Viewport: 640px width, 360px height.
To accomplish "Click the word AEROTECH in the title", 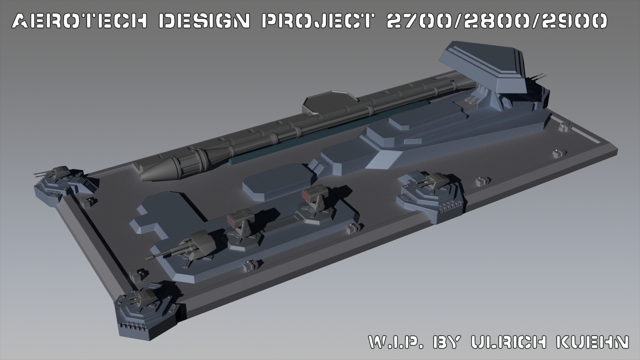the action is [x=79, y=21].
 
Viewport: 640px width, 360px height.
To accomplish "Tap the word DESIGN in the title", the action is [x=204, y=21].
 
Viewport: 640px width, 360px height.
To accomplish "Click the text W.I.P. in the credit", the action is [x=395, y=342].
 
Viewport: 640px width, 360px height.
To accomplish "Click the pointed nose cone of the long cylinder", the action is [x=158, y=170].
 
